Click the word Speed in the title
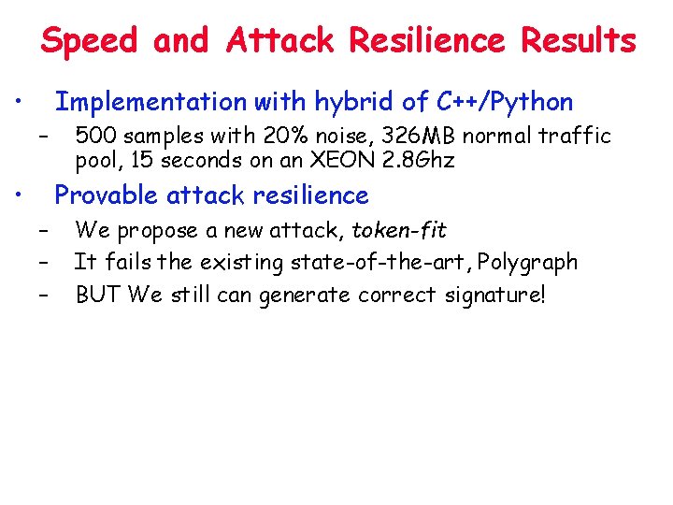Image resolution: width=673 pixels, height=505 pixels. (x=90, y=41)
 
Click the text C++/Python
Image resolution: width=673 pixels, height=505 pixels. (x=505, y=101)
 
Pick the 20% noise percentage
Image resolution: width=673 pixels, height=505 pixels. (x=265, y=137)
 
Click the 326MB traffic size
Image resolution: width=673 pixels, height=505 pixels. (x=409, y=137)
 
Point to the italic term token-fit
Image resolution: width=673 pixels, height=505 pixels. (x=399, y=230)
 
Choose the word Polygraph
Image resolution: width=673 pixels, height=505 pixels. (x=527, y=263)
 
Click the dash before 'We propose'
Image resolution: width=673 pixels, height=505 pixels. (x=42, y=231)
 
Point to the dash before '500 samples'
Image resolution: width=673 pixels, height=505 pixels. (x=42, y=137)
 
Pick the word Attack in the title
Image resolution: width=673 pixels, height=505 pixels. (x=279, y=41)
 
